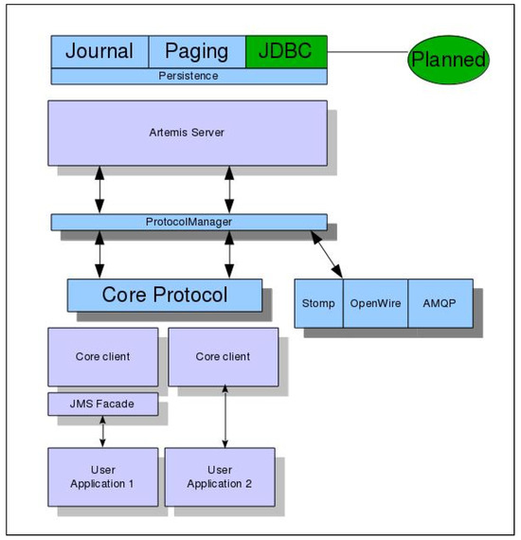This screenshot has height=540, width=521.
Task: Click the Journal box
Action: coord(99,52)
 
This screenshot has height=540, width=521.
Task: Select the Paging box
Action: coord(197,52)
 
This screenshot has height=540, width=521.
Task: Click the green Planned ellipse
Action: coord(448,60)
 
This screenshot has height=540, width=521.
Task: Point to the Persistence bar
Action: coord(189,76)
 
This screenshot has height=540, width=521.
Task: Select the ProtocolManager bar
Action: coord(189,222)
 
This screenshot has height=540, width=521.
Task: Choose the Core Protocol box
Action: coord(165,295)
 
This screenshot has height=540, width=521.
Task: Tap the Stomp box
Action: coord(318,304)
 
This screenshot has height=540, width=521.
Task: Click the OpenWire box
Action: coord(375,304)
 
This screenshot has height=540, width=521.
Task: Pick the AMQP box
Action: coord(440,304)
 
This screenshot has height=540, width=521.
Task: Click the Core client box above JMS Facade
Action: coord(102,357)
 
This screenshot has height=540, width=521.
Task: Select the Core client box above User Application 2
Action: coord(223,357)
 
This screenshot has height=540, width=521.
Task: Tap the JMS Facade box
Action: coord(102,405)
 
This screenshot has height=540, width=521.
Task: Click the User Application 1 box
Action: coord(102,477)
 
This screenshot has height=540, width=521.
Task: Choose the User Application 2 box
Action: coord(220,477)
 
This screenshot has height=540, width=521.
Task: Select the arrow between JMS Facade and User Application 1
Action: coord(102,432)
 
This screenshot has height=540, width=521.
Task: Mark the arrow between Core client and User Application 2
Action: coord(225,417)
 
